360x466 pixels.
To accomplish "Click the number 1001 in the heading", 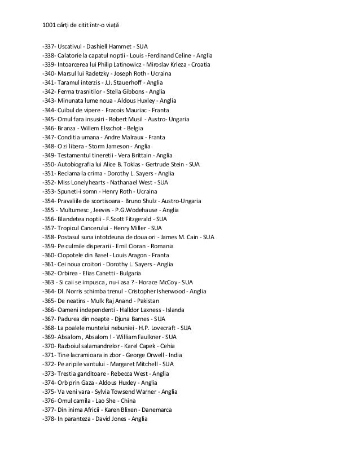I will coord(49,25).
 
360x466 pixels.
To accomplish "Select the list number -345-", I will coord(49,120).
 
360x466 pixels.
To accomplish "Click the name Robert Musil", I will coord(130,120).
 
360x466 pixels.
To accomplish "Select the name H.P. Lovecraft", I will coord(152,328).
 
